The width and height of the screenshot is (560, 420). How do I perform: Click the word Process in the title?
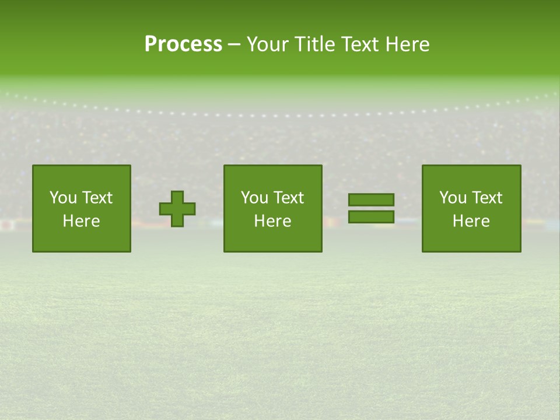tap(183, 44)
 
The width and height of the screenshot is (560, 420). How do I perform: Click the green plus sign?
tap(177, 209)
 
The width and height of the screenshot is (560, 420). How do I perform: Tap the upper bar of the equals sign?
tap(371, 200)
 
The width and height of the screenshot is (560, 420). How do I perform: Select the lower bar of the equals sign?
tap(371, 217)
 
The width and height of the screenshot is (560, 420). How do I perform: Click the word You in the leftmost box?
tap(63, 198)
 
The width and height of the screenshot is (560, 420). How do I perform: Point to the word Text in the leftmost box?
tap(97, 198)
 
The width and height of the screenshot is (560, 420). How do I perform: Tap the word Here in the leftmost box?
tap(81, 221)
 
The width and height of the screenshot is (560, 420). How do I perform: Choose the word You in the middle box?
tap(254, 198)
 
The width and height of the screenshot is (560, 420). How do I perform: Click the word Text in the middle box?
tap(288, 198)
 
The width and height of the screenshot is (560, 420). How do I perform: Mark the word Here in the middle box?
tap(272, 221)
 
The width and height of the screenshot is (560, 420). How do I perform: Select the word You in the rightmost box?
tap(453, 198)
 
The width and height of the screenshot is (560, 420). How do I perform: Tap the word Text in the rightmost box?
tap(487, 198)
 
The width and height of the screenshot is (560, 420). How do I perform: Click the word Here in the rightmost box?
tap(471, 221)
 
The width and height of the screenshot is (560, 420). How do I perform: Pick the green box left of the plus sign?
tap(81, 239)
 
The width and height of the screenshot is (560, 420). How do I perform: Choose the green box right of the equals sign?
tap(471, 239)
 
